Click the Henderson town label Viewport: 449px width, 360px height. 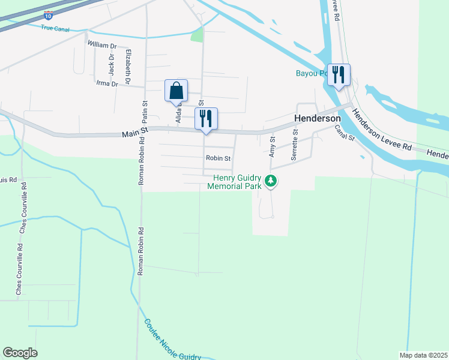pyautogui.click(x=317, y=119)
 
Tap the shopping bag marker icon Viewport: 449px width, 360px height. pyautogui.click(x=176, y=91)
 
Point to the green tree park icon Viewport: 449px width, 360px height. pyautogui.click(x=271, y=180)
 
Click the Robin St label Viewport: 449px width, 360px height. pyautogui.click(x=218, y=158)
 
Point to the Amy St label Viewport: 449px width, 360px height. pyautogui.click(x=272, y=146)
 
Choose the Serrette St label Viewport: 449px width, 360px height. pyautogui.click(x=294, y=145)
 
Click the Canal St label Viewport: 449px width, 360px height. pyautogui.click(x=345, y=133)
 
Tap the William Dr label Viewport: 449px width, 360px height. pyautogui.click(x=101, y=45)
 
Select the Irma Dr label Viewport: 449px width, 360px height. pyautogui.click(x=107, y=84)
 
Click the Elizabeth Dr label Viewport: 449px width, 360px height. pyautogui.click(x=128, y=66)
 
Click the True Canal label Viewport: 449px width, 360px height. pyautogui.click(x=55, y=28)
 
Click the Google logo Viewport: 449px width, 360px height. pyautogui.click(x=20, y=353)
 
